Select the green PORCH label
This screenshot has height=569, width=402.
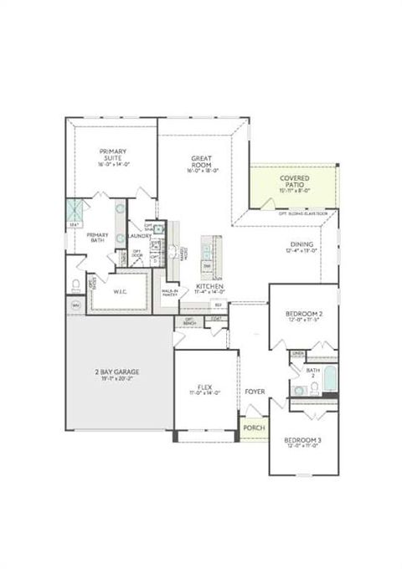pyautogui.click(x=254, y=428)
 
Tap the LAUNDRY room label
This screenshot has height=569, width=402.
pyautogui.click(x=139, y=236)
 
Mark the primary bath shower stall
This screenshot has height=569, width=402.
pyautogui.click(x=75, y=210)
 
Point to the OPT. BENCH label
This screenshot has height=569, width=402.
pyautogui.click(x=190, y=320)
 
